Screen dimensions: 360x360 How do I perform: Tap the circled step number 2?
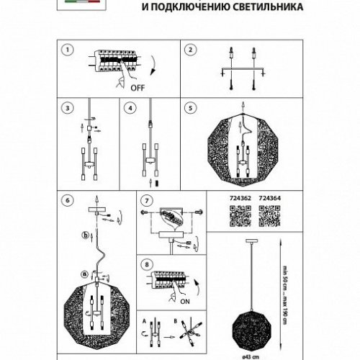[x=189, y=50]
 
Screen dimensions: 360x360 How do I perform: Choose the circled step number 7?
[x=147, y=199]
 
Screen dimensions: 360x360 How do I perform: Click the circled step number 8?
[x=147, y=264]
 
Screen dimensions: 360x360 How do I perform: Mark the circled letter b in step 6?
[x=86, y=235]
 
